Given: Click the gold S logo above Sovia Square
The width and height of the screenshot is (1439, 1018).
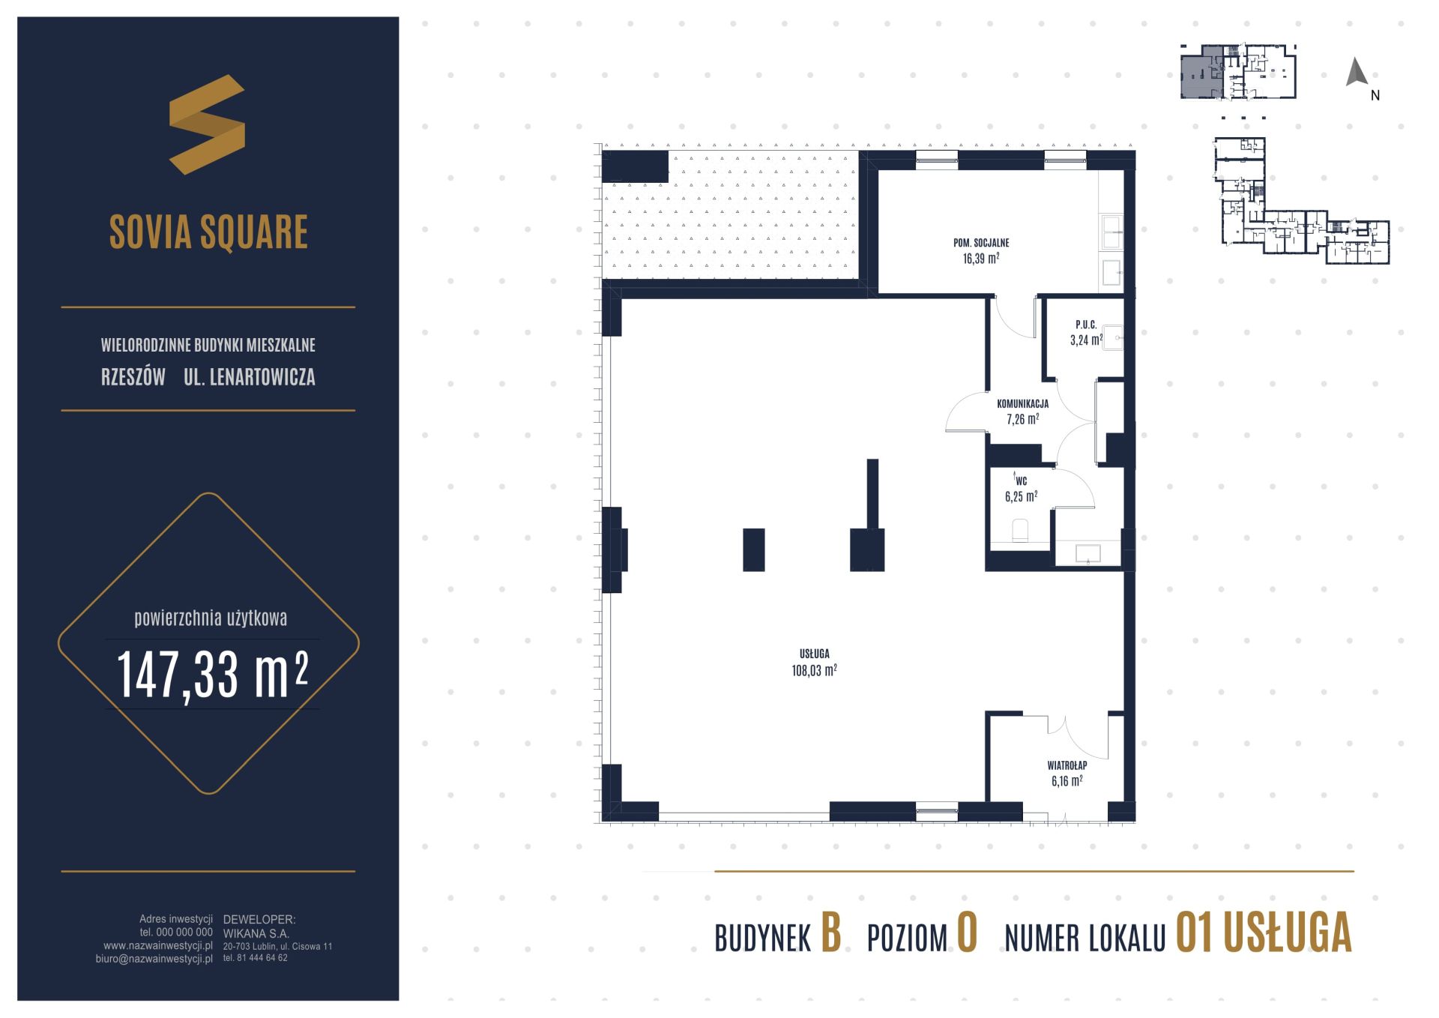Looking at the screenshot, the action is coord(208,124).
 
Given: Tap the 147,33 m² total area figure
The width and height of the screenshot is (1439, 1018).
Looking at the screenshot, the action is coord(213,675).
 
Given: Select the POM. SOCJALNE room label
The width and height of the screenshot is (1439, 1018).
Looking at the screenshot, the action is coord(981,243).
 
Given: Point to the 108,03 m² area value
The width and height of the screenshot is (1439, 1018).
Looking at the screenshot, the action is coord(814,670).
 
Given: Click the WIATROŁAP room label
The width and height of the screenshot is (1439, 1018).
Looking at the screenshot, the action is coord(1067,765).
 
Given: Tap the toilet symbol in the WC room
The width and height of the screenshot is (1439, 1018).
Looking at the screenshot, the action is coord(1021,531).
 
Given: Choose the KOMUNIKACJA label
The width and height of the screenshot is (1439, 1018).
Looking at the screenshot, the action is coord(1022,403).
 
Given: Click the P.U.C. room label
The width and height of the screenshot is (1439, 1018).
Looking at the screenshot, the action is coord(1086,325).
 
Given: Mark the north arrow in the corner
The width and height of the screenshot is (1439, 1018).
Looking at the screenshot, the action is coord(1357,72).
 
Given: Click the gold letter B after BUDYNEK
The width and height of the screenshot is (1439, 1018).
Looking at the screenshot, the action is coord(830,934).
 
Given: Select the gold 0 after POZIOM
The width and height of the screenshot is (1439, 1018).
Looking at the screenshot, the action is coord(967,934).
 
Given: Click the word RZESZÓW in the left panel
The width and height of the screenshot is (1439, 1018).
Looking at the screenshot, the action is coord(133,376).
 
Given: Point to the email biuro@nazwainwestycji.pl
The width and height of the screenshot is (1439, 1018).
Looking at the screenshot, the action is coord(154,959).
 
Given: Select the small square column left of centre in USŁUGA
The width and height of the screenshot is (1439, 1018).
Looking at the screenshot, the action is coord(754,549).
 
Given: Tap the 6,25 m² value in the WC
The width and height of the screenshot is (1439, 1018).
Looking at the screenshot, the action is coord(1021,496).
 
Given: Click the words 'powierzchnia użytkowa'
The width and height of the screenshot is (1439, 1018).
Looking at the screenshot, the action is coord(211,618).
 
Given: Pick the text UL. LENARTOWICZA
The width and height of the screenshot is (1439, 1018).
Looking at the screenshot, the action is coord(250,376).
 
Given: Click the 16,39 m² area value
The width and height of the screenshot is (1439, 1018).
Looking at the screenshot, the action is coord(981,259).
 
